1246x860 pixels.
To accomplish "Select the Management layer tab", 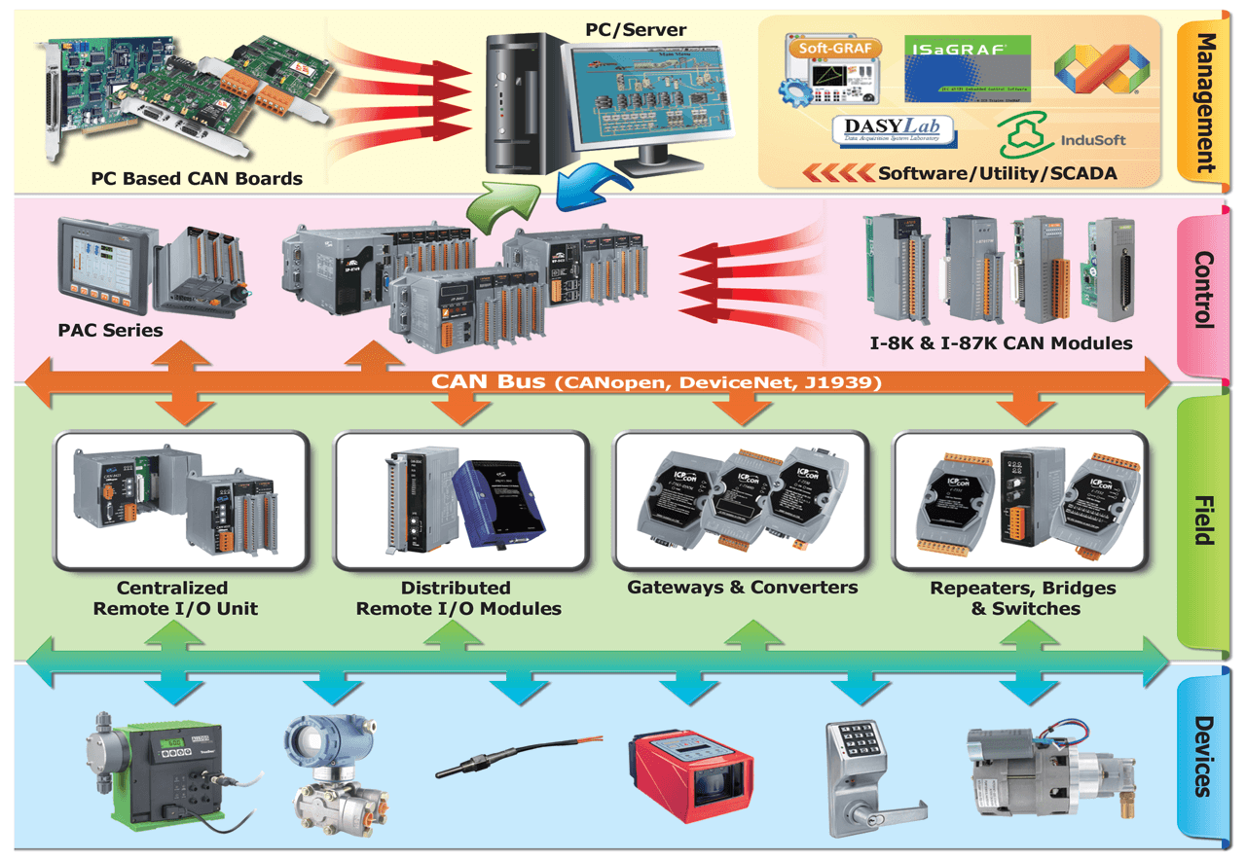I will pyautogui.click(x=1205, y=101).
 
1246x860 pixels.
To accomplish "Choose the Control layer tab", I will pyautogui.click(x=1205, y=290).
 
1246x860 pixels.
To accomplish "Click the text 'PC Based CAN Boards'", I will pyautogui.click(x=197, y=179).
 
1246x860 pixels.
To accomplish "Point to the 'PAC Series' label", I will pyautogui.click(x=110, y=330).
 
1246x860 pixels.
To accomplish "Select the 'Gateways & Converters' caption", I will pyautogui.click(x=742, y=588).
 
